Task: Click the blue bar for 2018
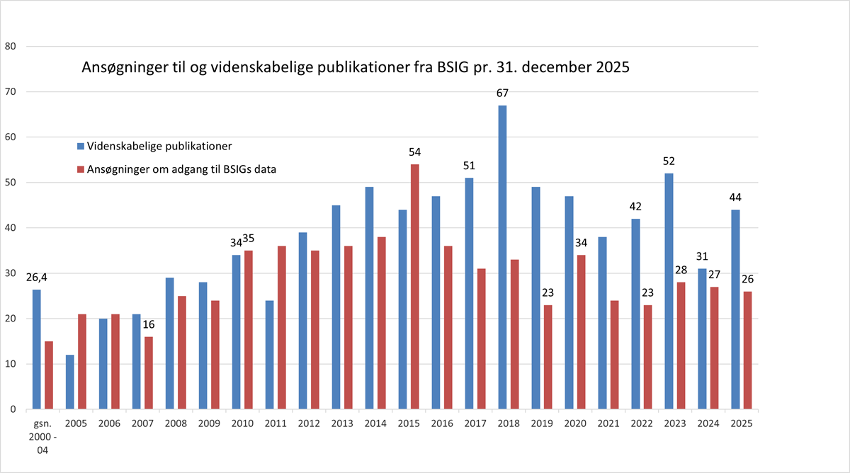click(x=502, y=257)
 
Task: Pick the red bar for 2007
click(x=149, y=372)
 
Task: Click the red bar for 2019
click(x=548, y=357)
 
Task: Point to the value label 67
click(x=502, y=93)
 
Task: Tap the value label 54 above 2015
click(x=415, y=153)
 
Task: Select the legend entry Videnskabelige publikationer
click(x=159, y=146)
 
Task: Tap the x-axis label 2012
click(x=309, y=423)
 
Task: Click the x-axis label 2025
click(x=742, y=423)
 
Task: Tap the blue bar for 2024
click(x=702, y=338)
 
